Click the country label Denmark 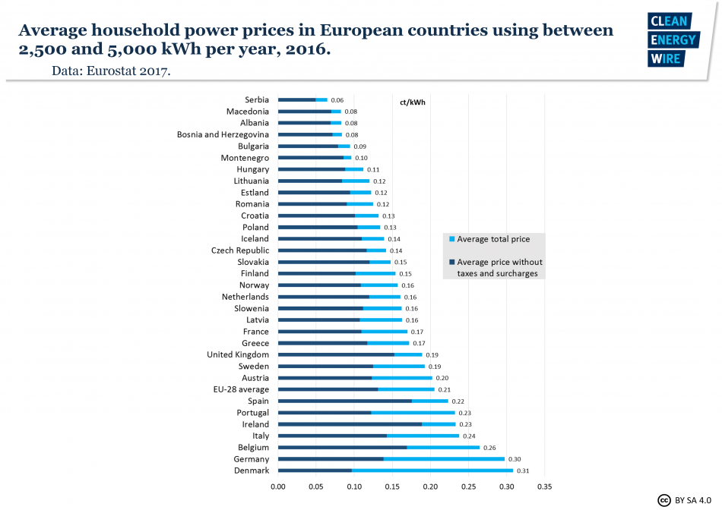[x=251, y=471]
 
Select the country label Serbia [x=256, y=99]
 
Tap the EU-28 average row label [x=241, y=389]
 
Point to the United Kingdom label [x=237, y=354]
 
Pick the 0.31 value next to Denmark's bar [x=523, y=471]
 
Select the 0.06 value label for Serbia [x=337, y=100]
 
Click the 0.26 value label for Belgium [x=490, y=448]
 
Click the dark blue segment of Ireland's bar [x=350, y=424]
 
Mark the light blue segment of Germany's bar [x=444, y=459]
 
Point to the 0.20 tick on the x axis [x=430, y=487]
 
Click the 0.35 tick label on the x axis [x=544, y=487]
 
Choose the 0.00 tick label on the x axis [x=277, y=487]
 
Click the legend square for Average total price [x=451, y=239]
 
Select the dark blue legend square [x=451, y=263]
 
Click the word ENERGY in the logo [x=672, y=39]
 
